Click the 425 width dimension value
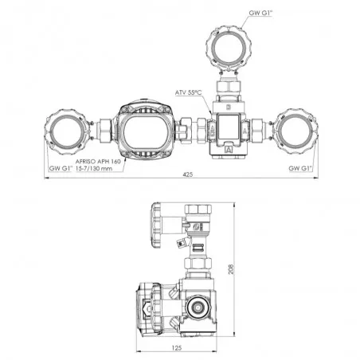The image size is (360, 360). [x=188, y=174]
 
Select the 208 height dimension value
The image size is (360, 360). [x=231, y=269]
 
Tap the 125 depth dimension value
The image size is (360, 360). [x=177, y=347]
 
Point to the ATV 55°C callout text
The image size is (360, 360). [x=188, y=92]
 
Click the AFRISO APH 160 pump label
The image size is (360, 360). [x=98, y=161]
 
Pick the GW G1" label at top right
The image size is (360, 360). [x=260, y=13]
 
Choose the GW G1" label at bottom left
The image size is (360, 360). [x=61, y=168]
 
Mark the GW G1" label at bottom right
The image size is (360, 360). [x=300, y=168]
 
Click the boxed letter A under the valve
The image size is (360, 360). [x=229, y=149]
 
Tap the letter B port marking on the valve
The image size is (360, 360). [x=228, y=108]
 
